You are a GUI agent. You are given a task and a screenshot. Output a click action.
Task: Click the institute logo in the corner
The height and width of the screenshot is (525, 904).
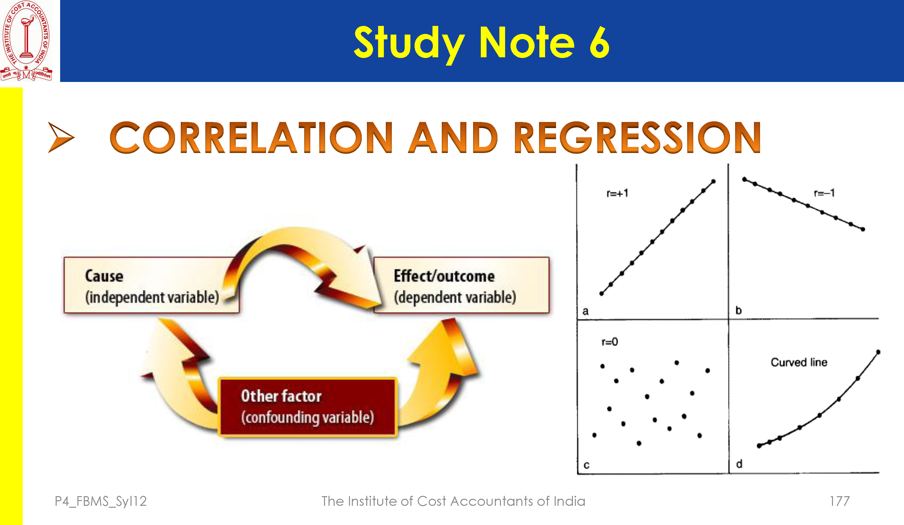tap(26, 41)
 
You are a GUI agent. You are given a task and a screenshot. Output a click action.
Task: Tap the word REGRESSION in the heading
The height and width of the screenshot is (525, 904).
tap(638, 137)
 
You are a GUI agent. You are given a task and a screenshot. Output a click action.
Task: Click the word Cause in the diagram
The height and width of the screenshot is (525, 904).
tap(104, 276)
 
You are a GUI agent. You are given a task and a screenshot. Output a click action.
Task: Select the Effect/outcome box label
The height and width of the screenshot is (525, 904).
tap(444, 276)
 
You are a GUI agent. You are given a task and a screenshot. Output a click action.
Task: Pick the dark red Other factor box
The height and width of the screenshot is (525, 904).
tap(307, 407)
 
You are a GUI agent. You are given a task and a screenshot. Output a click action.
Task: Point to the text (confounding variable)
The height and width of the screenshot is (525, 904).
tap(307, 417)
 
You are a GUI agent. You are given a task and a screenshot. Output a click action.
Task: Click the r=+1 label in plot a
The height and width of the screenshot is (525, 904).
tap(617, 194)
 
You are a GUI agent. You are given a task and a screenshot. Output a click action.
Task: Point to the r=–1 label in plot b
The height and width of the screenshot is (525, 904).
tap(824, 193)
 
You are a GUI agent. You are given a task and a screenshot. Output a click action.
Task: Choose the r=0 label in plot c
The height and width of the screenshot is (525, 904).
tap(610, 342)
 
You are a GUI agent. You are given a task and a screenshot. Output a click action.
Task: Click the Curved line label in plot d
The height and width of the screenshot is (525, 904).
tap(799, 362)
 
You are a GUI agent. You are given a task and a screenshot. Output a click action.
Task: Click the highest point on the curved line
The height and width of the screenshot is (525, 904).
tap(878, 352)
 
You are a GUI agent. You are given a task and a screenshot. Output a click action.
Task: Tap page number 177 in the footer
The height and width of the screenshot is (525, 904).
tap(840, 501)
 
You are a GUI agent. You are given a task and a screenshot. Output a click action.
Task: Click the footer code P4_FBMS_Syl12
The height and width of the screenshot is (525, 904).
tap(101, 501)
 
